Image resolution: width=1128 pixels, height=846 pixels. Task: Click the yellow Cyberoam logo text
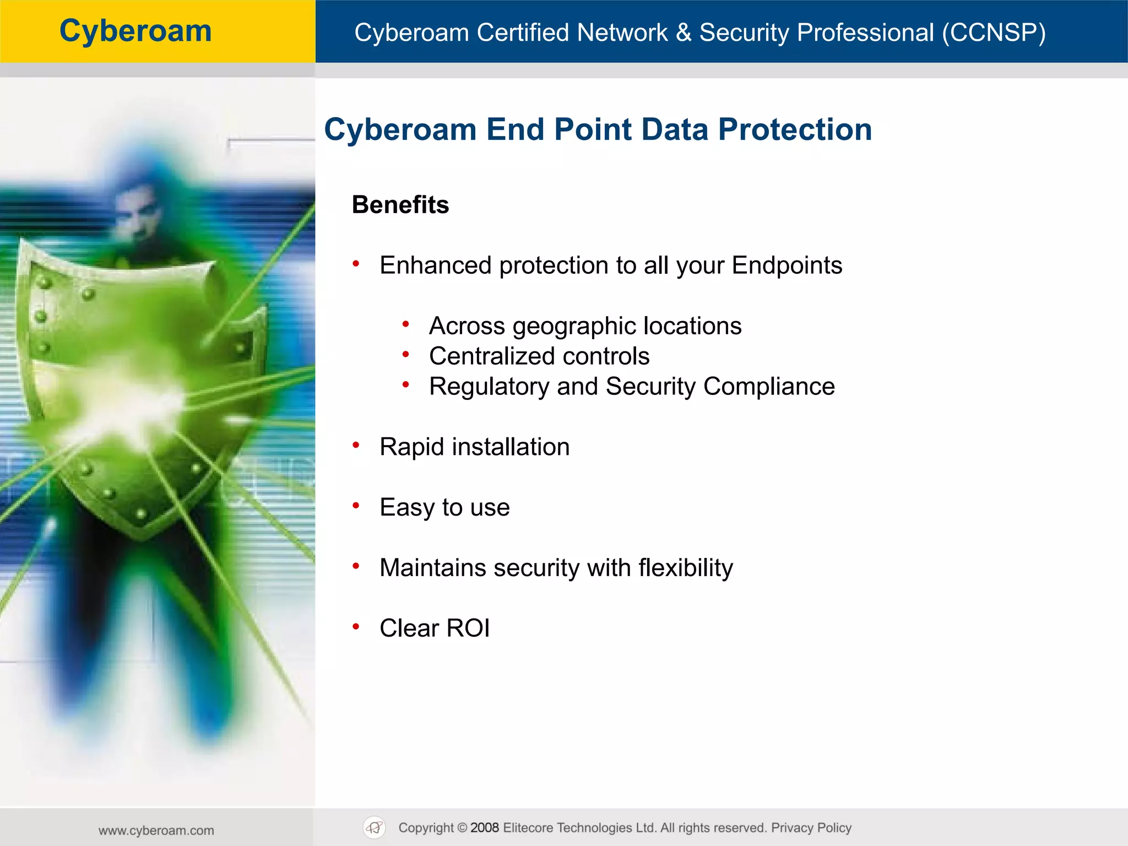[x=135, y=31]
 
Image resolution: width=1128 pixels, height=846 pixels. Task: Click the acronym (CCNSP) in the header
[x=993, y=32]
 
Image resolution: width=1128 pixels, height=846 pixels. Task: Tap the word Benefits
[x=400, y=205]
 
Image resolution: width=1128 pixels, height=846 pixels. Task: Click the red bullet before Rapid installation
[x=356, y=445]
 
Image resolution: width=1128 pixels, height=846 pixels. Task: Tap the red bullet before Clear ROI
[x=356, y=626]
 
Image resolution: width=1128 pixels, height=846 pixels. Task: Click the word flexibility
[x=686, y=568]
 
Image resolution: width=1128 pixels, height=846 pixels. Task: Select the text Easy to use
[x=444, y=507]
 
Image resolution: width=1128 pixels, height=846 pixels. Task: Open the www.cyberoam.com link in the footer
[x=156, y=830]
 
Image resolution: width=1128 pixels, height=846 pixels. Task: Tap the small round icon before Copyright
[x=375, y=827]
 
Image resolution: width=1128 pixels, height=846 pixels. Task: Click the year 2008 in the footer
[x=485, y=828]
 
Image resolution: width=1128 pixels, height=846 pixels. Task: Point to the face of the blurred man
[x=135, y=212]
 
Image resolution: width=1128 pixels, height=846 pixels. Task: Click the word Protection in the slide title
[x=795, y=130]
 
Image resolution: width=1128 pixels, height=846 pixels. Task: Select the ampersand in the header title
[x=683, y=32]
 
